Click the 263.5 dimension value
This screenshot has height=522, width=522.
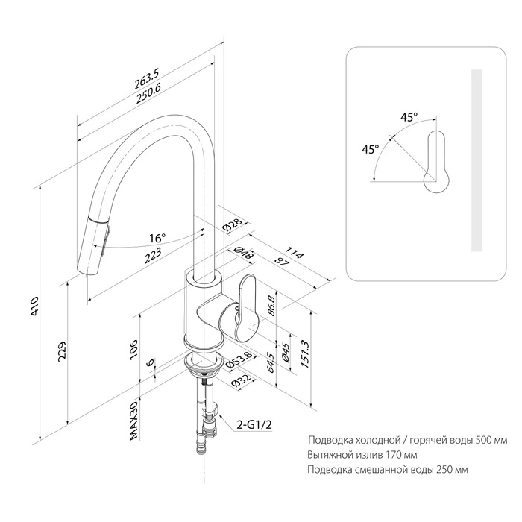[147, 78]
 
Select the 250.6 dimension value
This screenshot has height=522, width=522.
[148, 94]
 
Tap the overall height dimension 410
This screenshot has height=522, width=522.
[35, 306]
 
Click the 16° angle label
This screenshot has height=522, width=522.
[157, 239]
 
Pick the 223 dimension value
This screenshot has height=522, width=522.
[153, 255]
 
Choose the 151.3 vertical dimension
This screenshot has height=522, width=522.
[306, 353]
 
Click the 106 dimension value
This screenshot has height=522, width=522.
[133, 349]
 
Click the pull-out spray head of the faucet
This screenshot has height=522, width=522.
[93, 245]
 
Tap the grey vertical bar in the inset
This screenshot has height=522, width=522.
[477, 160]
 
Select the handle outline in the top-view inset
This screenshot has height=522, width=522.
[436, 162]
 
